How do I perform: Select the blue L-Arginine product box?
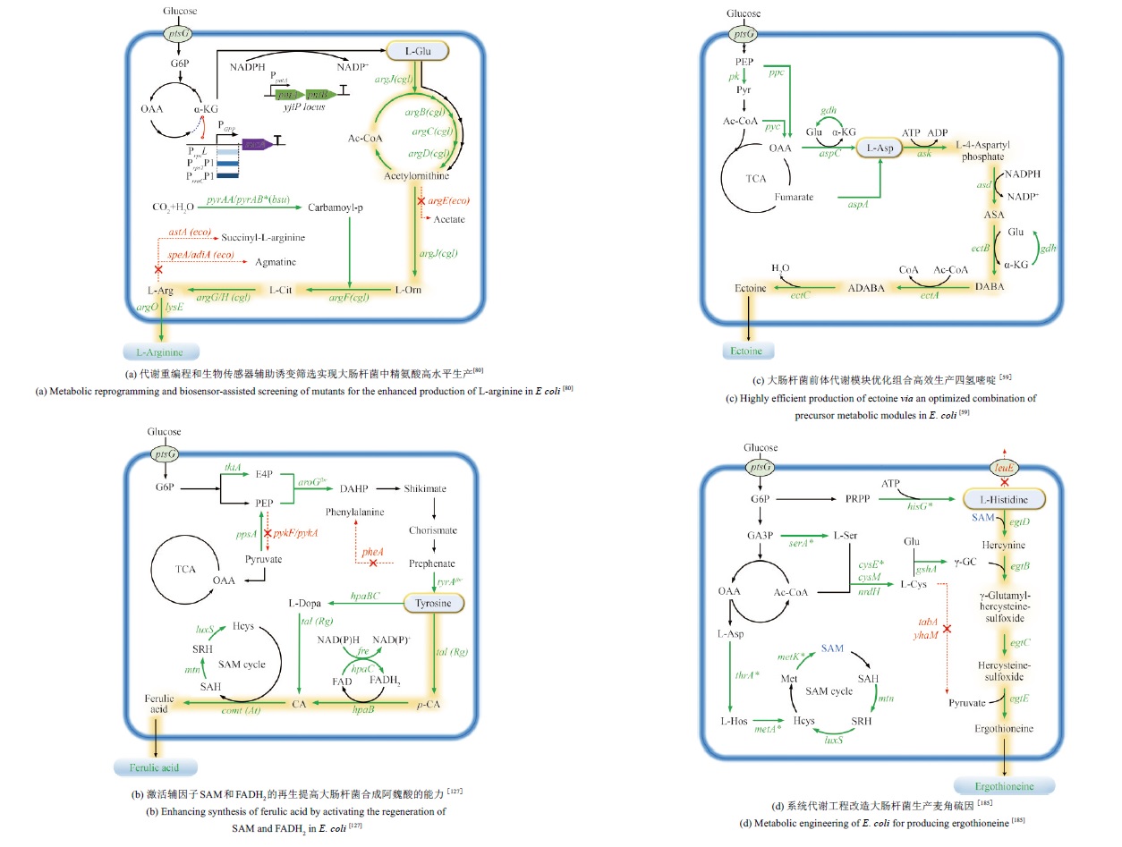tap(160, 352)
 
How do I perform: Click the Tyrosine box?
tap(434, 604)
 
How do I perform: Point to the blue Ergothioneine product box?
tap(1004, 785)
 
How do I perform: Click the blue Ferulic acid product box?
tap(154, 767)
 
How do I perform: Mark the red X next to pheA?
tap(372, 563)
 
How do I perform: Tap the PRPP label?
tap(859, 496)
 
